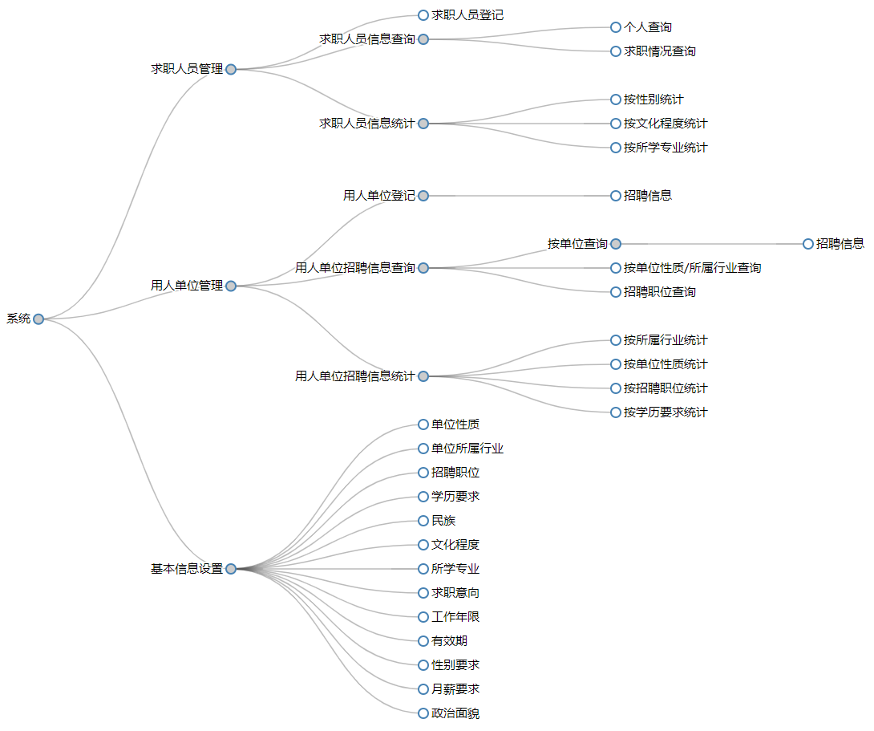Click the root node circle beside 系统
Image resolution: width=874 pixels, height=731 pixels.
point(38,319)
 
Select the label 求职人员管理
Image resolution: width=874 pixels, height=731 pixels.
point(187,69)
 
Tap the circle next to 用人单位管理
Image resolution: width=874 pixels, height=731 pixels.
point(231,286)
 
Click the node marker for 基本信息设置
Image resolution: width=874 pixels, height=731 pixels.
point(231,569)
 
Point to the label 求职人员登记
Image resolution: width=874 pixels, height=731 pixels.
point(467,15)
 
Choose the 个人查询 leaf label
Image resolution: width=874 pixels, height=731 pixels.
point(648,27)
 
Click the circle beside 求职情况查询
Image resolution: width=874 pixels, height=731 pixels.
point(616,51)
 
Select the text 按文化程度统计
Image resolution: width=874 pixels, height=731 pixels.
point(666,124)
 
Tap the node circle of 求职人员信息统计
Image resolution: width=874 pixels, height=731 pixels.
point(423,124)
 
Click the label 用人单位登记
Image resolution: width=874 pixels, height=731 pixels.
point(379,196)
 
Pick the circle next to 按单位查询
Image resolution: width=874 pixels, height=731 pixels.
point(616,244)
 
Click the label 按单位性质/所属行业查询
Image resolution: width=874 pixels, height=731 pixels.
point(692,268)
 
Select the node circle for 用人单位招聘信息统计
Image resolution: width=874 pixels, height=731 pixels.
point(423,376)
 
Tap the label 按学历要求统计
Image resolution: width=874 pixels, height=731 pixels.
point(666,412)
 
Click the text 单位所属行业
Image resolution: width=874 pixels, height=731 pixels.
point(467,449)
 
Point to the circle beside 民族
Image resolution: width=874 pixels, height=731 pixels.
point(423,521)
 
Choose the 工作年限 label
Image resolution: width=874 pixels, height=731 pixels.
point(455,617)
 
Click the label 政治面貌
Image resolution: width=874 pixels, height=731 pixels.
point(455,713)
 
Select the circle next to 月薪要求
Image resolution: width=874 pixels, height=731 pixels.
point(423,689)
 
